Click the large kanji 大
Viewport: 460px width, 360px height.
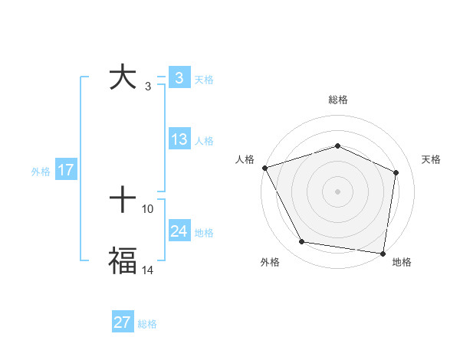click(122, 78)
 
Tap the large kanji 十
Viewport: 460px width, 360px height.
click(123, 201)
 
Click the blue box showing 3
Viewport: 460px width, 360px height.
click(179, 78)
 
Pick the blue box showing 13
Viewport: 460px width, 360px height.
click(179, 139)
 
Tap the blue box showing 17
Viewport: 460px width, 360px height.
click(66, 170)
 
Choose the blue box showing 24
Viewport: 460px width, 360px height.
click(179, 231)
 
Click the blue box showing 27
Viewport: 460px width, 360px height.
click(123, 322)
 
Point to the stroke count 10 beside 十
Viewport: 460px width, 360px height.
click(148, 208)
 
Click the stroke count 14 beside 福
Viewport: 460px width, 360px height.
click(148, 270)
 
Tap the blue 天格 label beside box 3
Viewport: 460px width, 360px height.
click(204, 79)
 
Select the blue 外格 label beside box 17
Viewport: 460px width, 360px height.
click(41, 172)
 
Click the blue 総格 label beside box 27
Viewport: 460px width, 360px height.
click(147, 324)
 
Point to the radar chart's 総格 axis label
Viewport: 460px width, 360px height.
click(337, 100)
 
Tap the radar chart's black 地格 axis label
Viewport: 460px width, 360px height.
click(402, 263)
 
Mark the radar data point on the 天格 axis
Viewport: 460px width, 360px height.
click(396, 172)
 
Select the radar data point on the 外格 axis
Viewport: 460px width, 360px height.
click(302, 242)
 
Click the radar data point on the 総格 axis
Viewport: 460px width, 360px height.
click(337, 146)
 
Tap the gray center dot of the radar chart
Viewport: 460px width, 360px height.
click(337, 191)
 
